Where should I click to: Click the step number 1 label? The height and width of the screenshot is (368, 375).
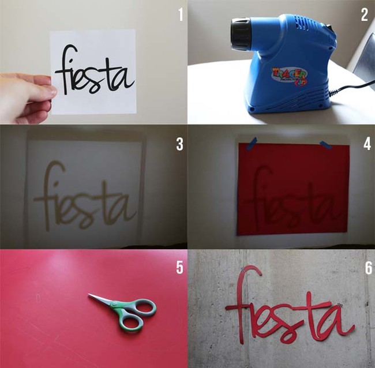[x=180, y=14]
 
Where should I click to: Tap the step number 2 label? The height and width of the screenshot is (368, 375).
[x=364, y=14]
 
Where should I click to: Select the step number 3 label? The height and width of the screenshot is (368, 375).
[x=179, y=144]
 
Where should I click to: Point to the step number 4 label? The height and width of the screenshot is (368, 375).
[x=366, y=144]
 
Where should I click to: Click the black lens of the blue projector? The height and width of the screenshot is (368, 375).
[x=239, y=34]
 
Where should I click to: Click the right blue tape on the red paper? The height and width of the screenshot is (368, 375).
[x=325, y=144]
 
